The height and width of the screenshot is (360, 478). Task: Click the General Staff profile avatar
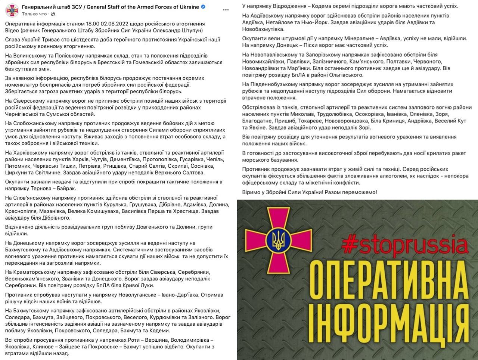(x=12, y=10)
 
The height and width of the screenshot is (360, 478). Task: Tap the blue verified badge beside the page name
(x=203, y=7)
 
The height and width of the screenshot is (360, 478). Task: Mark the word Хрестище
(x=186, y=211)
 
